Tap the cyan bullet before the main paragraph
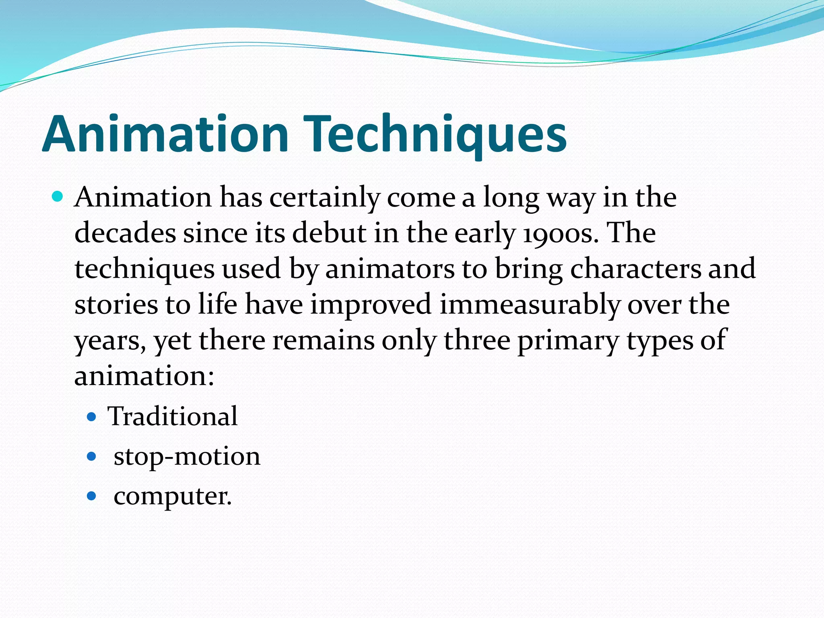click(x=58, y=197)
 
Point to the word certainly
click(x=324, y=198)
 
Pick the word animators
click(x=390, y=269)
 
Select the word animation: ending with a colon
click(x=144, y=376)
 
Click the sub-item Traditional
click(x=172, y=416)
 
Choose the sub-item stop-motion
click(x=187, y=457)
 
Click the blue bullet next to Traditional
click(x=92, y=416)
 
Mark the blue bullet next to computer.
click(x=92, y=496)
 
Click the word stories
click(x=116, y=305)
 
